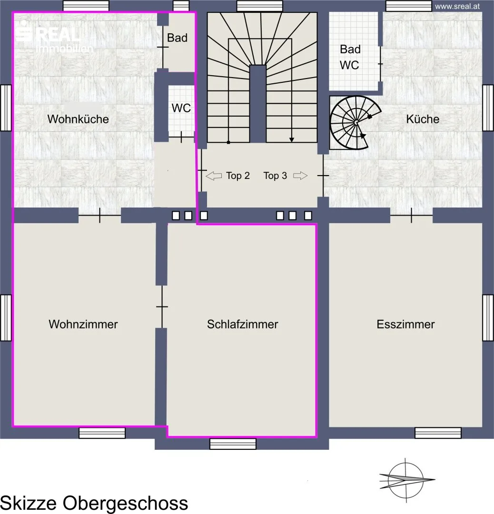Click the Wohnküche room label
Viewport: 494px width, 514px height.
pos(78,119)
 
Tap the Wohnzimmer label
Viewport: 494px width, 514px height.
pos(83,324)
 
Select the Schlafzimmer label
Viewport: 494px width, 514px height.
pos(243,324)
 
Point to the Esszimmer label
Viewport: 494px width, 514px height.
pos(405,324)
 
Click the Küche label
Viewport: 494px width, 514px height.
pos(423,119)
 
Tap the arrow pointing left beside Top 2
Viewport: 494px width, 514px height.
pos(214,176)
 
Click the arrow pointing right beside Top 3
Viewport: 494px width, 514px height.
pos(300,176)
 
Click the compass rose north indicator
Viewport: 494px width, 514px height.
pos(406,480)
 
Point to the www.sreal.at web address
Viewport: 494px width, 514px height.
pos(457,7)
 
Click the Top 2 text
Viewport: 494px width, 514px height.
pos(237,176)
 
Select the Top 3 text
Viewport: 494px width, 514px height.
pos(275,176)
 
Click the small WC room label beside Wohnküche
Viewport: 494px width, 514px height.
pos(181,108)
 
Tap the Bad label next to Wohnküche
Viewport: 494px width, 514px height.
pos(178,38)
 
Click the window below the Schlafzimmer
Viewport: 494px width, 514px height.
pos(233,444)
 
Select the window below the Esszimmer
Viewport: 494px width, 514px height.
pos(438,433)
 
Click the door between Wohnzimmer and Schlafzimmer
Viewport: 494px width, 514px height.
pos(162,306)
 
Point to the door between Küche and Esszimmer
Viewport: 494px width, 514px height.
pos(411,216)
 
